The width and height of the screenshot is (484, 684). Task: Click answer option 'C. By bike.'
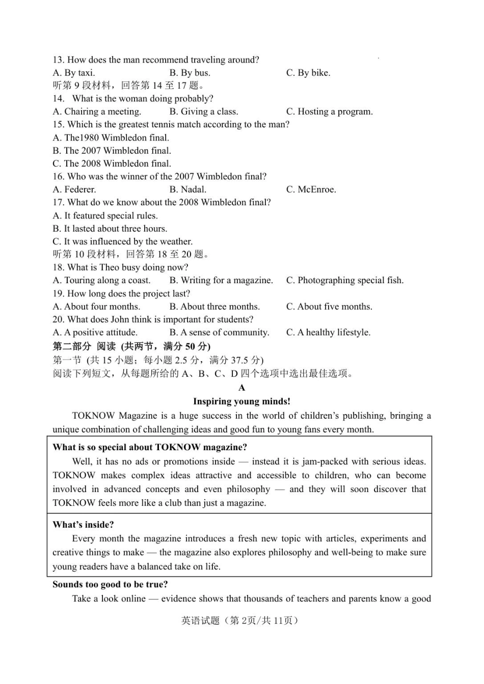tap(308, 73)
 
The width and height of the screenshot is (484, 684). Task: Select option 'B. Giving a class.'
tap(203, 112)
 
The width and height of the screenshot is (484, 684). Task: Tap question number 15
tap(58, 124)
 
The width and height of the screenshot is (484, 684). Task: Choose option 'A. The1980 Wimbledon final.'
tap(111, 138)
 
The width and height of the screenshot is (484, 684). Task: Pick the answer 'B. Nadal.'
tap(187, 189)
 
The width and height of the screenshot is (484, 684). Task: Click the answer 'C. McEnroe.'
tap(311, 189)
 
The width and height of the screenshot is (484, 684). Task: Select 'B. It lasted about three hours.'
tap(110, 229)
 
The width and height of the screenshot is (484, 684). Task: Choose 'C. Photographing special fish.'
tap(344, 280)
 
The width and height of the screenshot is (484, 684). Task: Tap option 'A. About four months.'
tap(96, 307)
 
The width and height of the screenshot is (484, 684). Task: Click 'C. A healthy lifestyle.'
tap(328, 333)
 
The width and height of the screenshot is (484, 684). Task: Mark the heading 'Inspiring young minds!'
tap(241, 401)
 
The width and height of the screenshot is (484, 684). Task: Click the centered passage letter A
tap(242, 388)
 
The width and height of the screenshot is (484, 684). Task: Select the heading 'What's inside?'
tap(83, 525)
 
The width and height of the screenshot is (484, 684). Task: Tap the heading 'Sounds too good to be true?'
tap(110, 584)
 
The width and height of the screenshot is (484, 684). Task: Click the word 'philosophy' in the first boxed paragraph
tap(248, 489)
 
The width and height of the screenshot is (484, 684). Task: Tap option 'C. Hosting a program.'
tap(329, 112)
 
